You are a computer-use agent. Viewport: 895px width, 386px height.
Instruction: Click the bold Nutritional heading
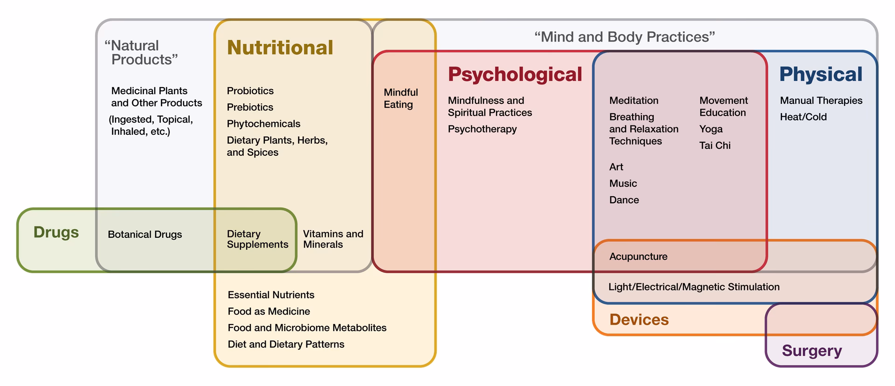280,48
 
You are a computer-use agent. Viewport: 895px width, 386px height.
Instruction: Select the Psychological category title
515,74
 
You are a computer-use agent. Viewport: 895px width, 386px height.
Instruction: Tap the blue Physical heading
820,74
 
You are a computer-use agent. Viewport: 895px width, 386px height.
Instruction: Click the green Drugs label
56,232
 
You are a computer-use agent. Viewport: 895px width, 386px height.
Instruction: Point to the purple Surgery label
812,351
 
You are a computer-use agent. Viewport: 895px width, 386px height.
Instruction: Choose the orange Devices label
639,320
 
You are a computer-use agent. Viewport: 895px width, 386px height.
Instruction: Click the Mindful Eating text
400,98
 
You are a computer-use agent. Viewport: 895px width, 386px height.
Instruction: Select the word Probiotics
250,91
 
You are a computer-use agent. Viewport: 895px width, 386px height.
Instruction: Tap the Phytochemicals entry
263,124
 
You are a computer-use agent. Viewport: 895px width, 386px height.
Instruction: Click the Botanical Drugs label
145,234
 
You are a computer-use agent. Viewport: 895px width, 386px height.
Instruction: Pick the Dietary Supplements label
257,239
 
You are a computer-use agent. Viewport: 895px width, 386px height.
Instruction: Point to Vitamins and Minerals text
333,239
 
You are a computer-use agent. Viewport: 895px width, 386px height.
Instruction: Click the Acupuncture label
638,256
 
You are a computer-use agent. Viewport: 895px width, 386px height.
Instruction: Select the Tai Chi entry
715,145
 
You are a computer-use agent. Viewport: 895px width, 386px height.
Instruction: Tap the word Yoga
711,129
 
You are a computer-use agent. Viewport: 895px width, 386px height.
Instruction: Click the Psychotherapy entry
482,129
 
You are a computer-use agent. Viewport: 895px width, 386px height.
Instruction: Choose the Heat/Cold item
803,117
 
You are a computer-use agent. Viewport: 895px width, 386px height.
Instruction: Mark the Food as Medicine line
268,311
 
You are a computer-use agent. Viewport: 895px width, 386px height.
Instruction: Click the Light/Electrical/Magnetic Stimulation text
694,287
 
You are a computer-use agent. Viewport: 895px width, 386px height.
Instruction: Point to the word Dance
624,200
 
